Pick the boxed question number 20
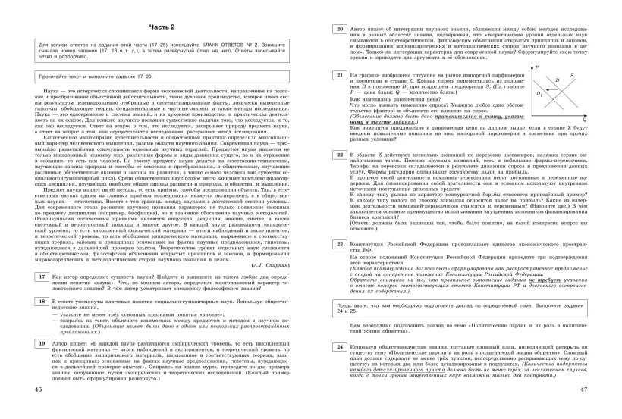tap(341, 29)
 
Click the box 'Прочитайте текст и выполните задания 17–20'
tap(162, 77)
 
